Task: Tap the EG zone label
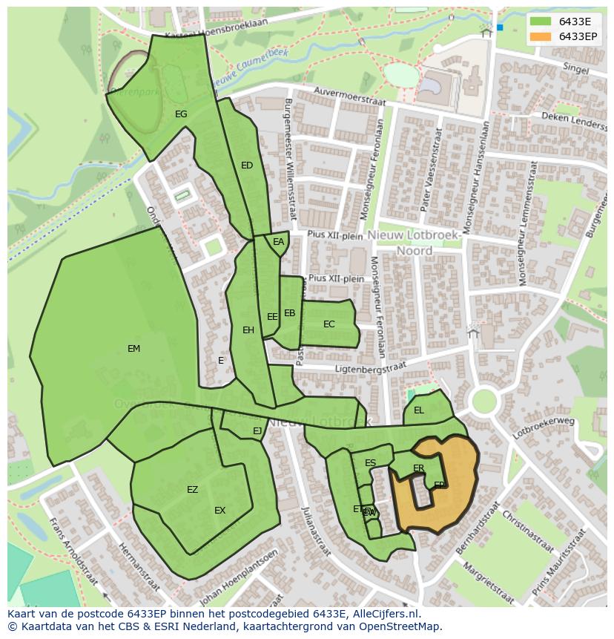point(181,114)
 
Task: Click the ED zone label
point(247,166)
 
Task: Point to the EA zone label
point(278,242)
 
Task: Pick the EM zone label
point(133,349)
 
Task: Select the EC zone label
point(329,324)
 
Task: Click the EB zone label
point(289,313)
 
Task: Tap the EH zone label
point(248,330)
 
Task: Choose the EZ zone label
point(192,490)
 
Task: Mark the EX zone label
point(219,511)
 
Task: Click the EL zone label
point(419,410)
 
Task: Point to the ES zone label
point(370,463)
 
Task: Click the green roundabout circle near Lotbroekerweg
point(483,402)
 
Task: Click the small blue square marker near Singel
point(500,27)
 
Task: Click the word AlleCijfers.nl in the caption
point(386,614)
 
